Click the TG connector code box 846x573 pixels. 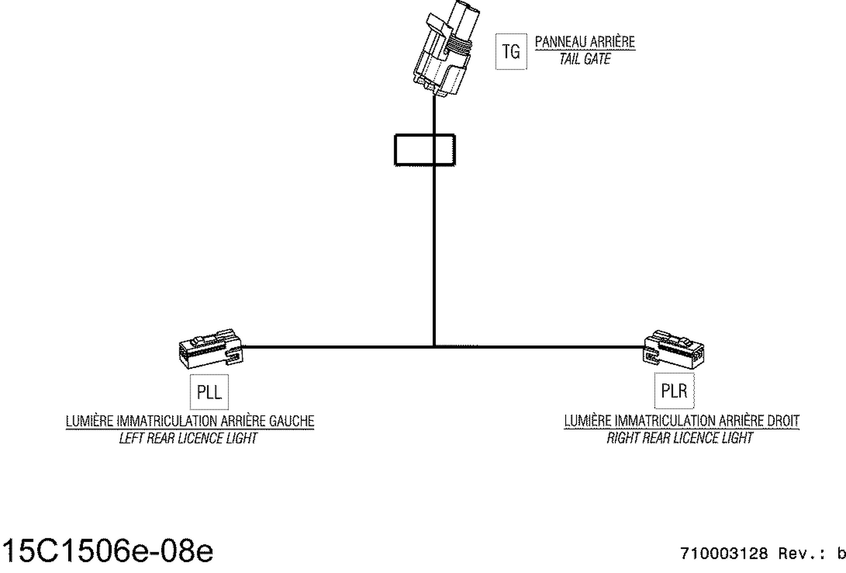[x=511, y=51]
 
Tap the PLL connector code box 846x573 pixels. [x=209, y=392]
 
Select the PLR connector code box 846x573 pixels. [x=674, y=391]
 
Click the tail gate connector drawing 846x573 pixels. [x=446, y=47]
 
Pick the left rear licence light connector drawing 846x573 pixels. [x=211, y=349]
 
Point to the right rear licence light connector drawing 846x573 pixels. [x=673, y=349]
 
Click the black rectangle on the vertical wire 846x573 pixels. [x=425, y=150]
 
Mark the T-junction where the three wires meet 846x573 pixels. [x=434, y=347]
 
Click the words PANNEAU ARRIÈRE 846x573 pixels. [x=585, y=42]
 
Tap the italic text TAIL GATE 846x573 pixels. [x=585, y=59]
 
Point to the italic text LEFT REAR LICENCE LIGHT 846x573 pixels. [x=188, y=439]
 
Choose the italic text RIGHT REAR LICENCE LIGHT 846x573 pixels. [x=680, y=438]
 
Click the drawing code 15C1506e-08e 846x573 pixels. [x=108, y=551]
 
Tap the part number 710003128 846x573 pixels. [x=724, y=554]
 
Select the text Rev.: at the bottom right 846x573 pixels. [x=802, y=554]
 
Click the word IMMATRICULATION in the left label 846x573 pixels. [x=168, y=421]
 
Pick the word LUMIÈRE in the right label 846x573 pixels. [x=588, y=421]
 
